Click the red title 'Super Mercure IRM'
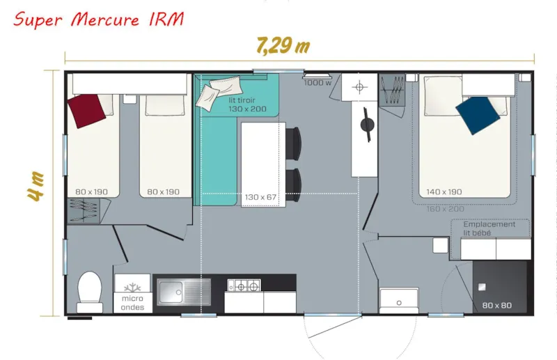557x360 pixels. pos(98,19)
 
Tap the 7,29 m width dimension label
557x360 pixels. pos(282,46)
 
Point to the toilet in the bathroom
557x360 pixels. pos(89,291)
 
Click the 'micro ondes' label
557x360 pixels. pos(132,303)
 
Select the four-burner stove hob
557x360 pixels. pos(244,285)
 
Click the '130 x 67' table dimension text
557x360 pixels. pos(260,197)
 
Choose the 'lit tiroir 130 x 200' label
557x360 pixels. pos(246,104)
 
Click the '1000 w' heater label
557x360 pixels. pos(317,83)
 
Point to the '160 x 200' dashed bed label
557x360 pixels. pos(446,209)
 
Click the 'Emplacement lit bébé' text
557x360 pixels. pos(489,228)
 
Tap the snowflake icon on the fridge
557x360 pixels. pos(132,287)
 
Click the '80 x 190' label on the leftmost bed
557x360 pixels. pos(93,192)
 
